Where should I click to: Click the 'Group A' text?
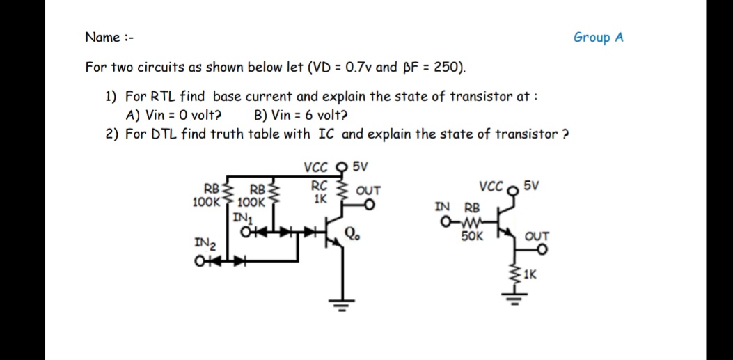[x=598, y=38]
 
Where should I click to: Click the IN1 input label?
[x=242, y=217]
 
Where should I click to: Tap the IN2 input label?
[x=205, y=244]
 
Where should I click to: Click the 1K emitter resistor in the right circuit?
[x=517, y=274]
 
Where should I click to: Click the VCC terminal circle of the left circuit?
[x=340, y=166]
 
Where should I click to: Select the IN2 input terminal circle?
[x=200, y=263]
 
